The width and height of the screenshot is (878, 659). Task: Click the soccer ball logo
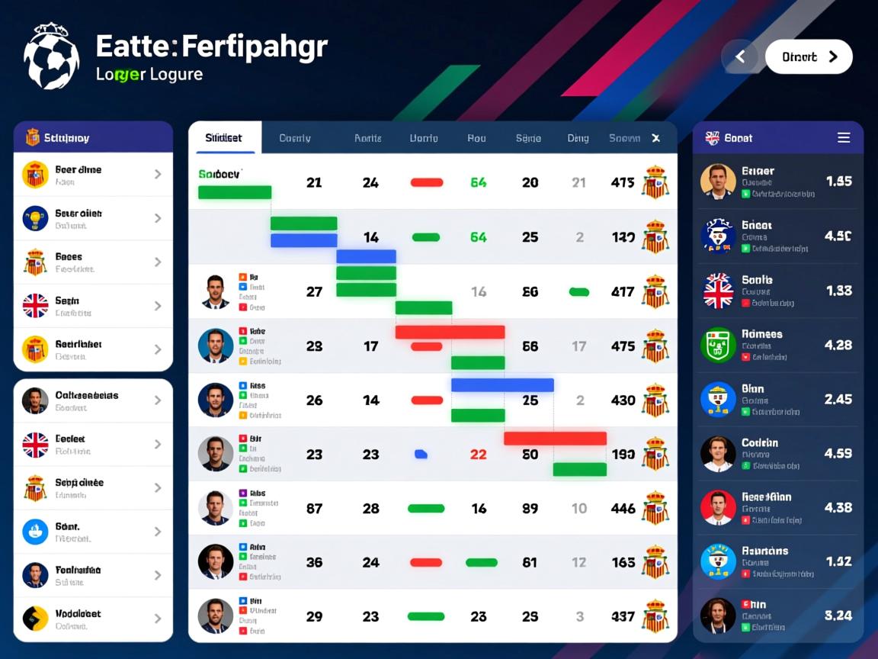pyautogui.click(x=51, y=56)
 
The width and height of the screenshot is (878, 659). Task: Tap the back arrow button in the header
pyautogui.click(x=739, y=57)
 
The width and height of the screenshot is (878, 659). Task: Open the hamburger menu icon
pyautogui.click(x=844, y=138)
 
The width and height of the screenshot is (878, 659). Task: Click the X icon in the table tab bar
pyautogui.click(x=655, y=138)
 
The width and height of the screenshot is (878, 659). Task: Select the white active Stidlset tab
pyautogui.click(x=224, y=138)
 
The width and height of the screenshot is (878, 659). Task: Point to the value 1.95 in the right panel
pyautogui.click(x=838, y=182)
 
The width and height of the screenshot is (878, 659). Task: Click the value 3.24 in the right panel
pyautogui.click(x=838, y=616)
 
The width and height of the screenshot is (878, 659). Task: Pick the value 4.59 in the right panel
pyautogui.click(x=838, y=454)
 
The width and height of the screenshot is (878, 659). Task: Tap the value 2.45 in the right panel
pyautogui.click(x=838, y=400)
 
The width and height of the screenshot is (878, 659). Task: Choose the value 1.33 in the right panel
pyautogui.click(x=838, y=291)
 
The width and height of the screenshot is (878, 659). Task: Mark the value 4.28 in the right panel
pyautogui.click(x=838, y=346)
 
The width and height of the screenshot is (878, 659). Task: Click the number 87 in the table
pyautogui.click(x=314, y=509)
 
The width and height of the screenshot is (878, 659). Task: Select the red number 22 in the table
pyautogui.click(x=478, y=455)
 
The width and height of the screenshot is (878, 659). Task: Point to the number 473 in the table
pyautogui.click(x=623, y=183)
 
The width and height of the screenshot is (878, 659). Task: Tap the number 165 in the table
pyautogui.click(x=623, y=563)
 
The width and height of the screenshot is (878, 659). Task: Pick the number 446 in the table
pyautogui.click(x=623, y=509)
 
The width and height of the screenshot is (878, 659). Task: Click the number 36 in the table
pyautogui.click(x=314, y=563)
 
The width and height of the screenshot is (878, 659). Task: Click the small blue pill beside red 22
pyautogui.click(x=421, y=455)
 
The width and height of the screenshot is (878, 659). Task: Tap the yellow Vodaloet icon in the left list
pyautogui.click(x=35, y=619)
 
